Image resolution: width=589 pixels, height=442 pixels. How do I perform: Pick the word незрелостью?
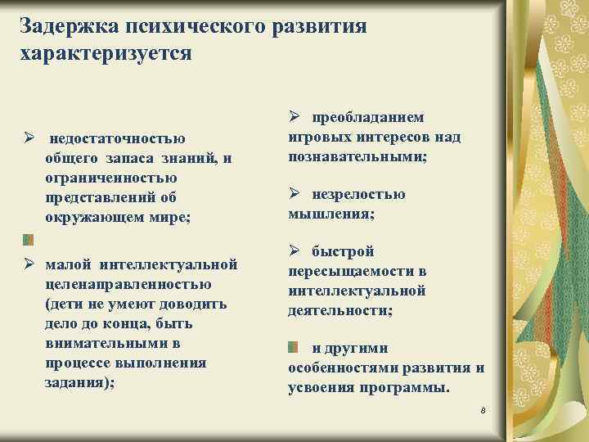click(358, 194)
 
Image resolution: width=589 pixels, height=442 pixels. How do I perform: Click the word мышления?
click(331, 214)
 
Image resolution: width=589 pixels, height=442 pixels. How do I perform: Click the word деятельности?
click(339, 310)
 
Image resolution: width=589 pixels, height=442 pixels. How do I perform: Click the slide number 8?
click(483, 407)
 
